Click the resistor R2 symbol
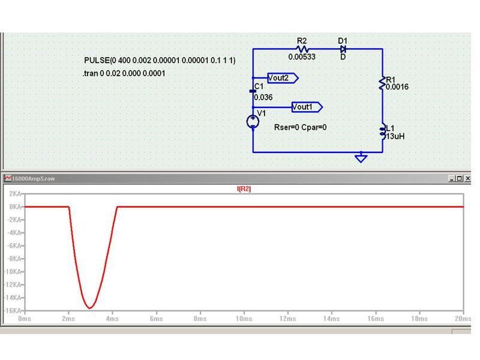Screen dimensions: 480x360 point(302,49)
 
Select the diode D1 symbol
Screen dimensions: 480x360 point(343,49)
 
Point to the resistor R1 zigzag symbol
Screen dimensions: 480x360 point(382,83)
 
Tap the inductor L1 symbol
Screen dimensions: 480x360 point(383,131)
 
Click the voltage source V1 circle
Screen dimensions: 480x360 point(253,122)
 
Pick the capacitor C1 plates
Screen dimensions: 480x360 point(253,91)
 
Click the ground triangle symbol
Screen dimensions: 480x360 point(361,158)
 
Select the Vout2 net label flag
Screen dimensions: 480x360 point(283,78)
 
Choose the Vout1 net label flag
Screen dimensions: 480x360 point(307,107)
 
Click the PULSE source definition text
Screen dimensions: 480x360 point(160,61)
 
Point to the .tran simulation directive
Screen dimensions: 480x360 point(124,73)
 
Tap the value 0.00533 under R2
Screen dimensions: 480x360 point(302,56)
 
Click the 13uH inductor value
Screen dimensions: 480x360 point(395,136)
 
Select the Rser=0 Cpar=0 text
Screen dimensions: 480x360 point(301,127)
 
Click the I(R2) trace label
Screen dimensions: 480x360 point(244,189)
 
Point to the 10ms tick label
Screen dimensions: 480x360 point(244,319)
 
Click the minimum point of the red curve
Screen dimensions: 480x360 point(89,308)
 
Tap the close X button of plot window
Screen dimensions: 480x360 point(467,178)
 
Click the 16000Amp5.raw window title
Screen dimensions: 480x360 point(33,178)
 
